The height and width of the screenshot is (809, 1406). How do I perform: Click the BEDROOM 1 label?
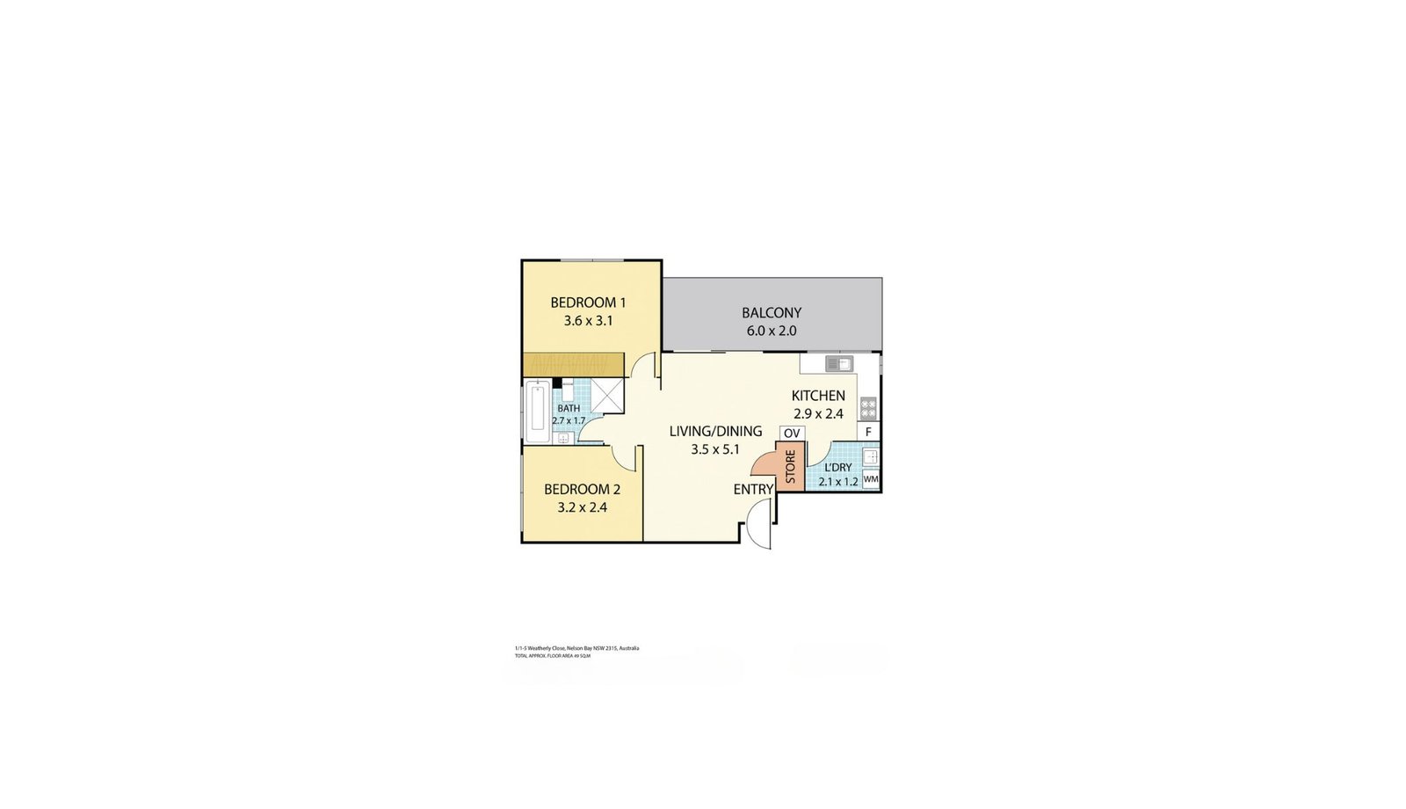[x=588, y=302]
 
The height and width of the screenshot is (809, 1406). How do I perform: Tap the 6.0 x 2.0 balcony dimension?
[x=772, y=332]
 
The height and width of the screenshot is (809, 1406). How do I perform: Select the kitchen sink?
[x=839, y=364]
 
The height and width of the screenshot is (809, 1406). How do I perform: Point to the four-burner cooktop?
[x=868, y=408]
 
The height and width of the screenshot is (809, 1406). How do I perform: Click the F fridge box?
[x=868, y=432]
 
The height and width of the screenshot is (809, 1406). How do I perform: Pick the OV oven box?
[x=792, y=434]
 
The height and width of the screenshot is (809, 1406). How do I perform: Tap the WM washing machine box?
[x=871, y=479]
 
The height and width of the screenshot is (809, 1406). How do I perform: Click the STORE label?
[x=790, y=467]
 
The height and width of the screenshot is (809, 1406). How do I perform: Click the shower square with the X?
[x=606, y=395]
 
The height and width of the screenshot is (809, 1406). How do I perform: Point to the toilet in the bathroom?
[x=567, y=390]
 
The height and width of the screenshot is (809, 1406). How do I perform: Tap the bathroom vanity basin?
[x=562, y=438]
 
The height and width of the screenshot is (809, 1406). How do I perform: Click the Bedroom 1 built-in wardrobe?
[x=573, y=364]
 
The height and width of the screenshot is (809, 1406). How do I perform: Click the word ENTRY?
[x=753, y=489]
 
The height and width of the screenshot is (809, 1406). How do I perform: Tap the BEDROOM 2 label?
[x=582, y=489]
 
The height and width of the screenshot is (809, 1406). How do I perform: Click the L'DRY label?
[x=837, y=468]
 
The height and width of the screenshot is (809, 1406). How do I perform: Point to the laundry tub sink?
[x=870, y=456]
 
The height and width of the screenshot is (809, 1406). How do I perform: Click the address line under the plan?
[x=576, y=648]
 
